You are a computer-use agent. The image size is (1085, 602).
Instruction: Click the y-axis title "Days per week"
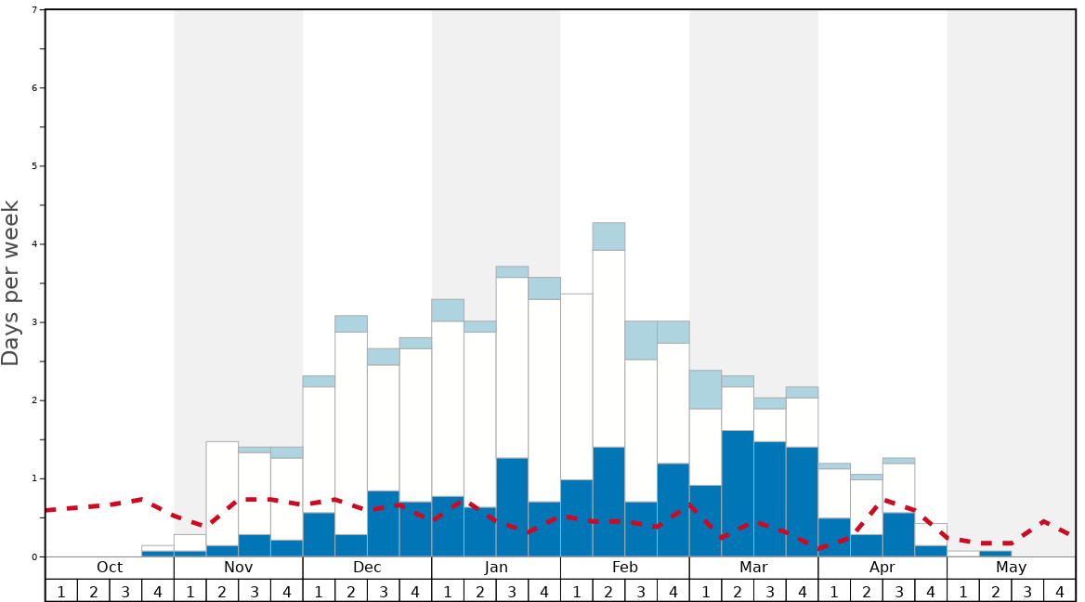(x=11, y=283)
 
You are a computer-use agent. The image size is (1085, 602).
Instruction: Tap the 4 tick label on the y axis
(x=34, y=244)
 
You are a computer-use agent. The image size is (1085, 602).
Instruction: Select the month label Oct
(x=110, y=568)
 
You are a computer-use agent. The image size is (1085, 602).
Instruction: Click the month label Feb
(x=625, y=568)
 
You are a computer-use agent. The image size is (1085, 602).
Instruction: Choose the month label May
(x=1012, y=568)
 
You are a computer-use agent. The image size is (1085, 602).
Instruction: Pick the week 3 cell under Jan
(x=512, y=591)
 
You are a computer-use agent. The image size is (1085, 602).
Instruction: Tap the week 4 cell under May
(x=1060, y=591)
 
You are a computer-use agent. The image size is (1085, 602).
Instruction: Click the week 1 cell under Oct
(x=61, y=591)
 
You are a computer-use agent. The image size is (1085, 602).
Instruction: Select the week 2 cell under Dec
(x=351, y=591)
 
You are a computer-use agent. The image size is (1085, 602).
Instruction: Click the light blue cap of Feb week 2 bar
(x=608, y=236)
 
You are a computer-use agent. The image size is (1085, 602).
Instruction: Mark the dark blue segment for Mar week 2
(x=738, y=493)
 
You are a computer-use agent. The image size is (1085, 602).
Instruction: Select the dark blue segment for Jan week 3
(x=512, y=507)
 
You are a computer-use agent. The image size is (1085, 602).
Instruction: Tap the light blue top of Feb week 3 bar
(x=641, y=340)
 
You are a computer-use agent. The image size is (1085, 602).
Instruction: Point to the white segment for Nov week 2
(x=222, y=493)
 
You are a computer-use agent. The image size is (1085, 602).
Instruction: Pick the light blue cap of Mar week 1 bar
(x=705, y=389)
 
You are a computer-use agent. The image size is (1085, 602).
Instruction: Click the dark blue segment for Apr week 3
(x=898, y=535)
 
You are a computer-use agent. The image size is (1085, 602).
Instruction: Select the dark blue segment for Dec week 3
(x=384, y=524)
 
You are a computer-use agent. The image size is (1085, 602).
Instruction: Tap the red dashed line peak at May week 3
(x=1044, y=521)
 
